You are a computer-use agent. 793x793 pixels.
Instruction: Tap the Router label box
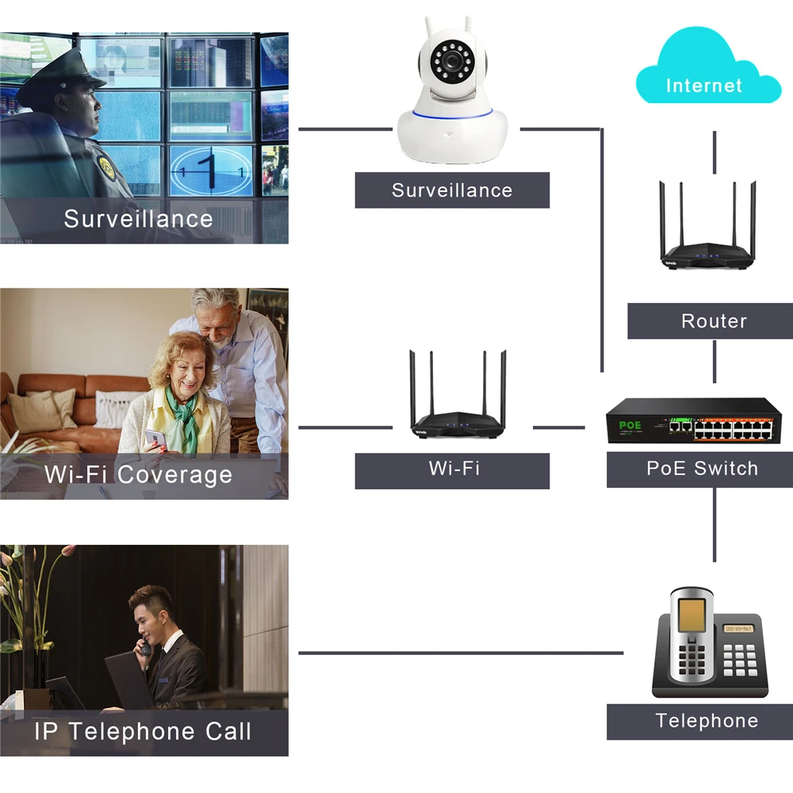[x=713, y=321]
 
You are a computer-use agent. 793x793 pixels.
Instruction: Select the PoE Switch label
[x=702, y=469]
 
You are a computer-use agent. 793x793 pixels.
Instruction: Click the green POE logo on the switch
[x=630, y=426]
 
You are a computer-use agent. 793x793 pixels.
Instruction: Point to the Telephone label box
[x=706, y=721]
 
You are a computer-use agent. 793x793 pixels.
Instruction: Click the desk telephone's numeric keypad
[x=739, y=658]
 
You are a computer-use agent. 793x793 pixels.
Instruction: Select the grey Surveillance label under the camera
[x=451, y=190]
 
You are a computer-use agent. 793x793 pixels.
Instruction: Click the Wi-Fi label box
[x=453, y=469]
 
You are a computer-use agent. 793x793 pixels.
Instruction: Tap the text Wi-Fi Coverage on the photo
[x=139, y=475]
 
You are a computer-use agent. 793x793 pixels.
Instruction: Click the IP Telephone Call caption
[x=143, y=731]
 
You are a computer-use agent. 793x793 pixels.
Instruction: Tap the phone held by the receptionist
[x=145, y=648]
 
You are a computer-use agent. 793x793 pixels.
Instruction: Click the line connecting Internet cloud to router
[x=714, y=152]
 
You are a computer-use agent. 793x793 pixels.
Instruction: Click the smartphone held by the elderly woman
[x=156, y=439]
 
